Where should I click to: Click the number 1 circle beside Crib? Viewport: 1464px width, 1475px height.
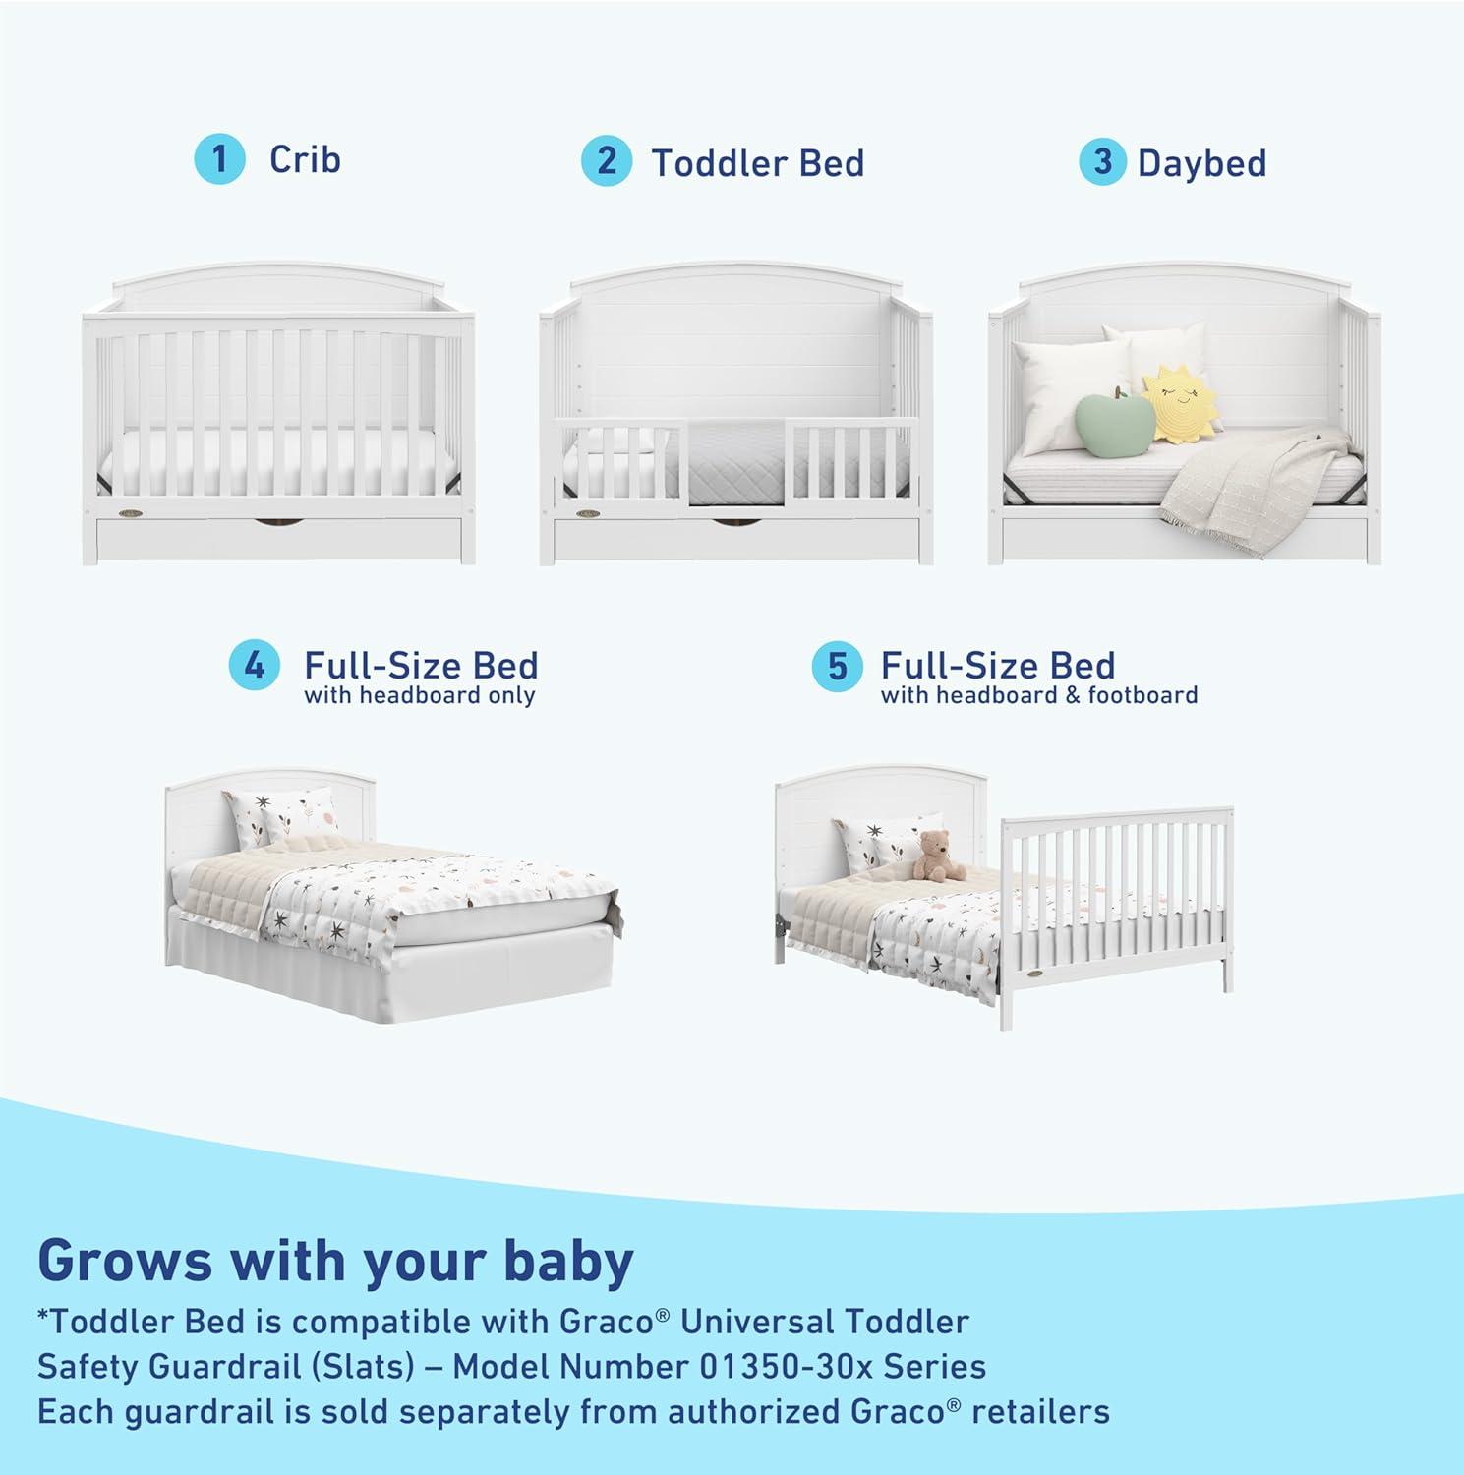pos(219,159)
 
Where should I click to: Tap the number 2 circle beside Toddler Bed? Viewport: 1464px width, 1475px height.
pos(607,161)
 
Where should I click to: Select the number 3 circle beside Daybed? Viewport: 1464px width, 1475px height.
pos(1103,162)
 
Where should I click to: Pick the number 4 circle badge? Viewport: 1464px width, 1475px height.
pos(255,666)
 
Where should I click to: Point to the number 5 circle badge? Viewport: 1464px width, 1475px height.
pos(837,667)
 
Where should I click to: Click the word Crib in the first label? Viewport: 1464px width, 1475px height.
pos(305,159)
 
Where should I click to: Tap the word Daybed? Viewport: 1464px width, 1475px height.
pos(1201,163)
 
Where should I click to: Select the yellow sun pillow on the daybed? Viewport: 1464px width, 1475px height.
pos(1179,402)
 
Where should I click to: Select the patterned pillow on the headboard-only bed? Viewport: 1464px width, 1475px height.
pos(280,817)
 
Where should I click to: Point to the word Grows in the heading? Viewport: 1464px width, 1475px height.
pos(125,1262)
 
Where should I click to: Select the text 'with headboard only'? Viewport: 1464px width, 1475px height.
pos(420,696)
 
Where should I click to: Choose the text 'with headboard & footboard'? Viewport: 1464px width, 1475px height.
pos(1039,696)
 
